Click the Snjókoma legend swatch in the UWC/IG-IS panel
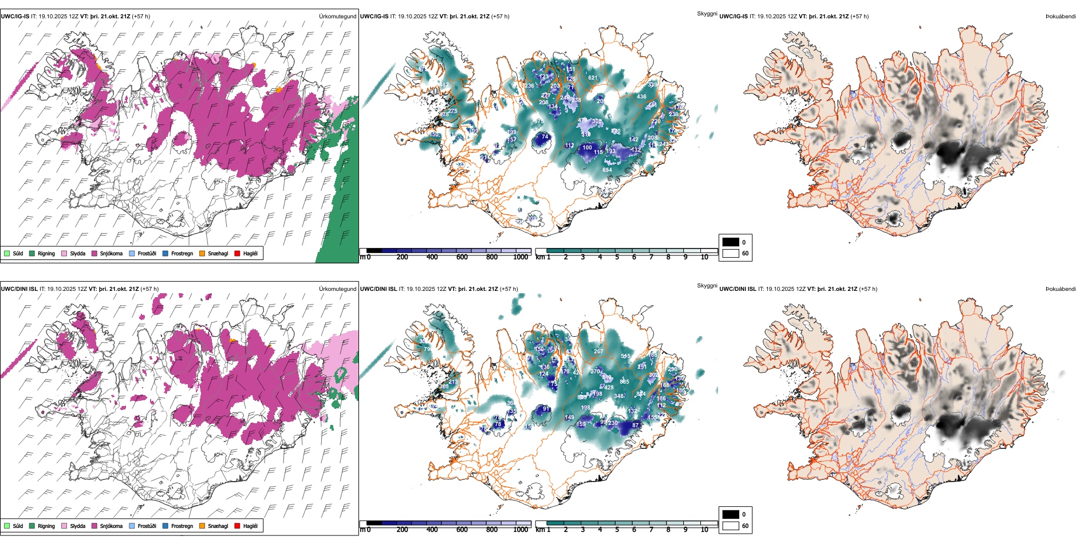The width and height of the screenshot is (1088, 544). click(x=94, y=253)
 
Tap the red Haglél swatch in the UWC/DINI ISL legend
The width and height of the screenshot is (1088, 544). click(x=238, y=526)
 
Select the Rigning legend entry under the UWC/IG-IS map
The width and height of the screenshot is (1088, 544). click(x=33, y=253)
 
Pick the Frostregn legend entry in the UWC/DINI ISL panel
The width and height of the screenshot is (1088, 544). click(x=165, y=526)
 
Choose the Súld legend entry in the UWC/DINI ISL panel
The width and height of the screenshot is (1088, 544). click(x=7, y=526)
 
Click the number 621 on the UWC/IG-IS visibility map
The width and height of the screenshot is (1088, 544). click(x=593, y=78)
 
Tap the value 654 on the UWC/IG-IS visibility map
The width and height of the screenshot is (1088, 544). click(x=607, y=169)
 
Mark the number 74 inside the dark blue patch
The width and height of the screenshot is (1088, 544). click(x=545, y=137)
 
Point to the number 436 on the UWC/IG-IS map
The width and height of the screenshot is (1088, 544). click(x=641, y=97)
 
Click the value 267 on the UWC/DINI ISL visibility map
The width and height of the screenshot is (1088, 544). click(x=598, y=352)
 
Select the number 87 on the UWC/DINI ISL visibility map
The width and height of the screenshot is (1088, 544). click(x=635, y=425)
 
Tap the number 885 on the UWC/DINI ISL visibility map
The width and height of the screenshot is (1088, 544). click(x=624, y=382)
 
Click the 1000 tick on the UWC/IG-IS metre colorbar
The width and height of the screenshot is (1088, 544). click(x=521, y=257)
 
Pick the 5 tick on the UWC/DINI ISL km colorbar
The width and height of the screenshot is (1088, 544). click(x=617, y=530)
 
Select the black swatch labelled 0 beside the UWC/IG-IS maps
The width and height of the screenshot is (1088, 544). click(x=731, y=242)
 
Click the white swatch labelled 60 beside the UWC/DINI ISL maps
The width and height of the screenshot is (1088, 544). click(x=731, y=526)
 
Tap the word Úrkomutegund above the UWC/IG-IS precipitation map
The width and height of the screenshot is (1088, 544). click(x=337, y=16)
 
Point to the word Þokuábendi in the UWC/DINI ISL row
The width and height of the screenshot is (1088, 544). click(x=1061, y=289)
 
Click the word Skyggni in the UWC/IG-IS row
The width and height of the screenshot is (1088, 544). click(x=707, y=13)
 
